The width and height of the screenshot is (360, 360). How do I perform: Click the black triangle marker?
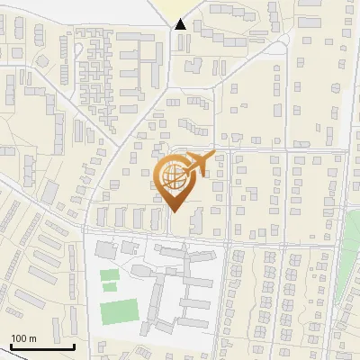tap(180, 24)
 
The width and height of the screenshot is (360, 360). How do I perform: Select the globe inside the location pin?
tap(174, 176)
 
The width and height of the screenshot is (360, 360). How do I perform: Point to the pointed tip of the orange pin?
tap(175, 211)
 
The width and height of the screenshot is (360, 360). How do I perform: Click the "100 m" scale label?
tap(23, 337)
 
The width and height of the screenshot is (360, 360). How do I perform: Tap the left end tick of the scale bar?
tap(11, 344)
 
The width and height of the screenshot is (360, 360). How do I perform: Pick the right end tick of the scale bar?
tap(74, 344)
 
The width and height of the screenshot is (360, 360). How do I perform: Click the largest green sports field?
tap(118, 311)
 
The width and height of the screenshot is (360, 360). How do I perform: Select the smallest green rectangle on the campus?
tap(110, 287)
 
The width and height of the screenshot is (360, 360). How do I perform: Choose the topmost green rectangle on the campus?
tap(109, 274)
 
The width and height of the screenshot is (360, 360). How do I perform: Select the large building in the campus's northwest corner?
tap(106, 247)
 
